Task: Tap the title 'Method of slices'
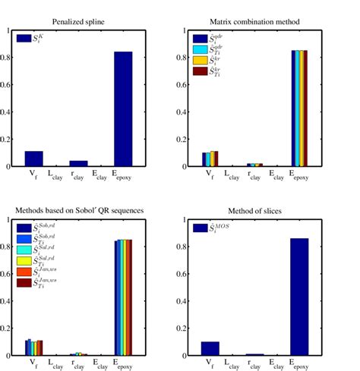click(x=255, y=209)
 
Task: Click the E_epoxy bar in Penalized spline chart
click(x=123, y=109)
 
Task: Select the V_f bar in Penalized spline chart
click(x=34, y=159)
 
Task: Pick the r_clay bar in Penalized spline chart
click(x=79, y=163)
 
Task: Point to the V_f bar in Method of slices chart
click(x=210, y=348)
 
